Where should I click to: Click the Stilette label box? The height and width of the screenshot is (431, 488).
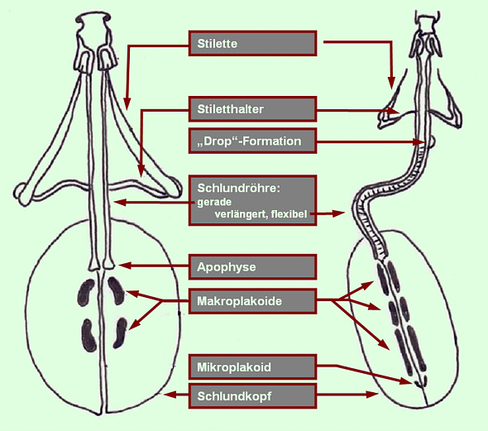click(x=253, y=43)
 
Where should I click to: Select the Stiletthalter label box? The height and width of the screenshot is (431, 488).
click(x=253, y=109)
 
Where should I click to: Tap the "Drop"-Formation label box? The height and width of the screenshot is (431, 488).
click(x=253, y=141)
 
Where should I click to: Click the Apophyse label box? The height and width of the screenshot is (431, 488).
click(x=253, y=267)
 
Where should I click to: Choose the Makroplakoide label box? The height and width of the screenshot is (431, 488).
click(x=253, y=301)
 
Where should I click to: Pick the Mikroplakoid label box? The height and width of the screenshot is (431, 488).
click(x=253, y=367)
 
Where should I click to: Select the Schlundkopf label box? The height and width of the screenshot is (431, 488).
click(x=253, y=395)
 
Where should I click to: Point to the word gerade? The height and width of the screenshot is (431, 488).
click(x=214, y=203)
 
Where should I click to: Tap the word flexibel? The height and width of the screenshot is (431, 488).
click(x=289, y=214)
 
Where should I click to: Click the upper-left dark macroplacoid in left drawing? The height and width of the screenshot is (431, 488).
click(x=85, y=293)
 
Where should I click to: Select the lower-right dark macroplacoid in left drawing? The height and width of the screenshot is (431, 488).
click(x=120, y=333)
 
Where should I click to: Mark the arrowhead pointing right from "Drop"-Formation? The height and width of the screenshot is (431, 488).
click(x=419, y=142)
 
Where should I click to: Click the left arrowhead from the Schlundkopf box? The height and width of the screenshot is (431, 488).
click(x=170, y=395)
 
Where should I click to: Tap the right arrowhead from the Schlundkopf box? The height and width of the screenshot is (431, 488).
click(x=372, y=395)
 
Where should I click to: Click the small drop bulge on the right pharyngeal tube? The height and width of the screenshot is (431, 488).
click(x=432, y=142)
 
